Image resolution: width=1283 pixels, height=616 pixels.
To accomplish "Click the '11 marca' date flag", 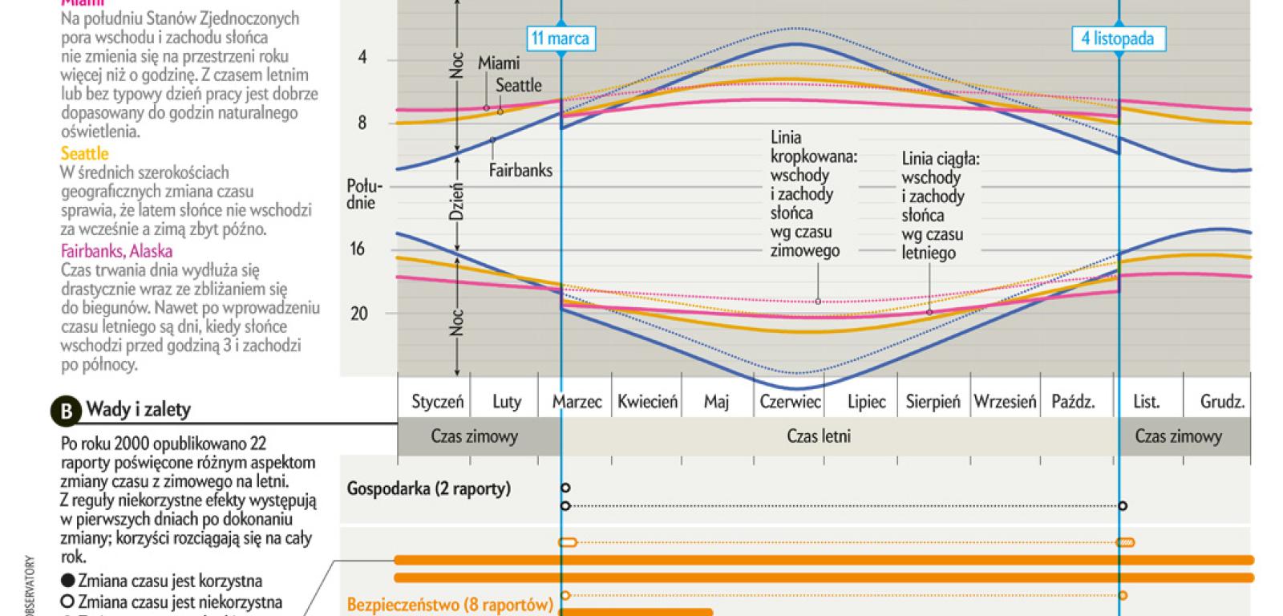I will [x=560, y=38].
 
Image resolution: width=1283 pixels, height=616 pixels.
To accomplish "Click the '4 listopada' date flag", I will [x=1118, y=38].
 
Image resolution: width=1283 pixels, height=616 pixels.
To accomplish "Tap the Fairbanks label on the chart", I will [x=520, y=170].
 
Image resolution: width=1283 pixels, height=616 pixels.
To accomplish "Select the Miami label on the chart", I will [x=499, y=63].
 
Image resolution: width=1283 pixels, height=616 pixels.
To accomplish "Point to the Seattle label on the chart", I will [x=518, y=85].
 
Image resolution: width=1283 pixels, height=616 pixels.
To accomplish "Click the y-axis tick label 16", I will [x=358, y=249].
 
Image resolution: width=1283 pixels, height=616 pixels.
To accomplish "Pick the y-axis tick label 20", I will [x=358, y=314].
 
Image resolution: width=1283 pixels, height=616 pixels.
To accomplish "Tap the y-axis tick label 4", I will [x=362, y=58].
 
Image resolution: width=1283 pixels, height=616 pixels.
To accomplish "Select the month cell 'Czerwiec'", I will [x=790, y=402].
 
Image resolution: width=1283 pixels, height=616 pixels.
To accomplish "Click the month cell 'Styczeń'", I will [x=437, y=402].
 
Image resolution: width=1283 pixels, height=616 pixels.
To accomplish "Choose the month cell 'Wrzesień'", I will [x=1005, y=402].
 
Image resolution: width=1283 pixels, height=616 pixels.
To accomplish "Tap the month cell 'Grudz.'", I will [x=1222, y=402].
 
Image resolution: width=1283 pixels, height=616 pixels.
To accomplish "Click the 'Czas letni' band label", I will [x=819, y=437].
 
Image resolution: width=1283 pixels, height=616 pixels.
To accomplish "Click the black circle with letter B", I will [x=66, y=411].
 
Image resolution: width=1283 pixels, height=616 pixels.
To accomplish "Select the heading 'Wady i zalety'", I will [x=139, y=410].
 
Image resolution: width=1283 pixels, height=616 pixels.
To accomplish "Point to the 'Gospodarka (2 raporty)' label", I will [x=429, y=488].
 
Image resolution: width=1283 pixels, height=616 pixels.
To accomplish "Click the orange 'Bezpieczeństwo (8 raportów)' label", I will [x=450, y=604].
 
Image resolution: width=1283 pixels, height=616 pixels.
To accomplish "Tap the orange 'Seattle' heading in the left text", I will [x=84, y=153].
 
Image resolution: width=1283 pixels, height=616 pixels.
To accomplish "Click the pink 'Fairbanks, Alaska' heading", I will [x=116, y=251].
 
